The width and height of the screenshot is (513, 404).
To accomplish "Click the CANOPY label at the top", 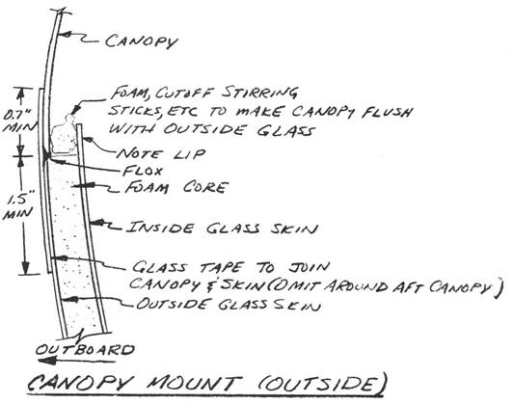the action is (142, 41).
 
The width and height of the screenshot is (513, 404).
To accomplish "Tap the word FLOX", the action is (143, 171).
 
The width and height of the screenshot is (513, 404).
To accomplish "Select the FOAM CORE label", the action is (176, 187).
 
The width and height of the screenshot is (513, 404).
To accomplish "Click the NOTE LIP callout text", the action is (161, 153).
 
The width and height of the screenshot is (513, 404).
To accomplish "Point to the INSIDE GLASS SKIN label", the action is (222, 228).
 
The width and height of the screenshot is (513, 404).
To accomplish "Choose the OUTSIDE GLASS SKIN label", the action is (228, 305).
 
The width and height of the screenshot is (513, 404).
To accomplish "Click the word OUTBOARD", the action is (85, 350).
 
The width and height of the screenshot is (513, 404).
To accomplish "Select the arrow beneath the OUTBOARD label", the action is (77, 361).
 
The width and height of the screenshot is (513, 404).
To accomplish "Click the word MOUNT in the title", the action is (194, 383).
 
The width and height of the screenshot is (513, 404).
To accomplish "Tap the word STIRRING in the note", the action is (259, 93).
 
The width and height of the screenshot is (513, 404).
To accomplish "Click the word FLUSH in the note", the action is (387, 112).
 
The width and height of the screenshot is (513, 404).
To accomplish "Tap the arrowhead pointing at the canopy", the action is (66, 34).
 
